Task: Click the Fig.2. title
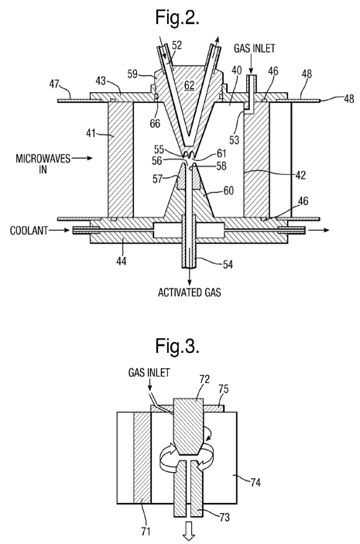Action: tap(177, 17)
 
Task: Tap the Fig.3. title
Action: tap(177, 346)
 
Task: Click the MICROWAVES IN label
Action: tap(43, 164)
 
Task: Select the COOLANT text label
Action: tap(29, 231)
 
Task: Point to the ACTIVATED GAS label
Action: tap(189, 293)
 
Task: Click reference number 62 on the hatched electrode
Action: tap(189, 85)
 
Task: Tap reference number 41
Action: tap(91, 133)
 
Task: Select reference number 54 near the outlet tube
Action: tap(228, 265)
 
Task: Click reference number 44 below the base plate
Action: tap(121, 261)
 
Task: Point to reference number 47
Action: tap(54, 84)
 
